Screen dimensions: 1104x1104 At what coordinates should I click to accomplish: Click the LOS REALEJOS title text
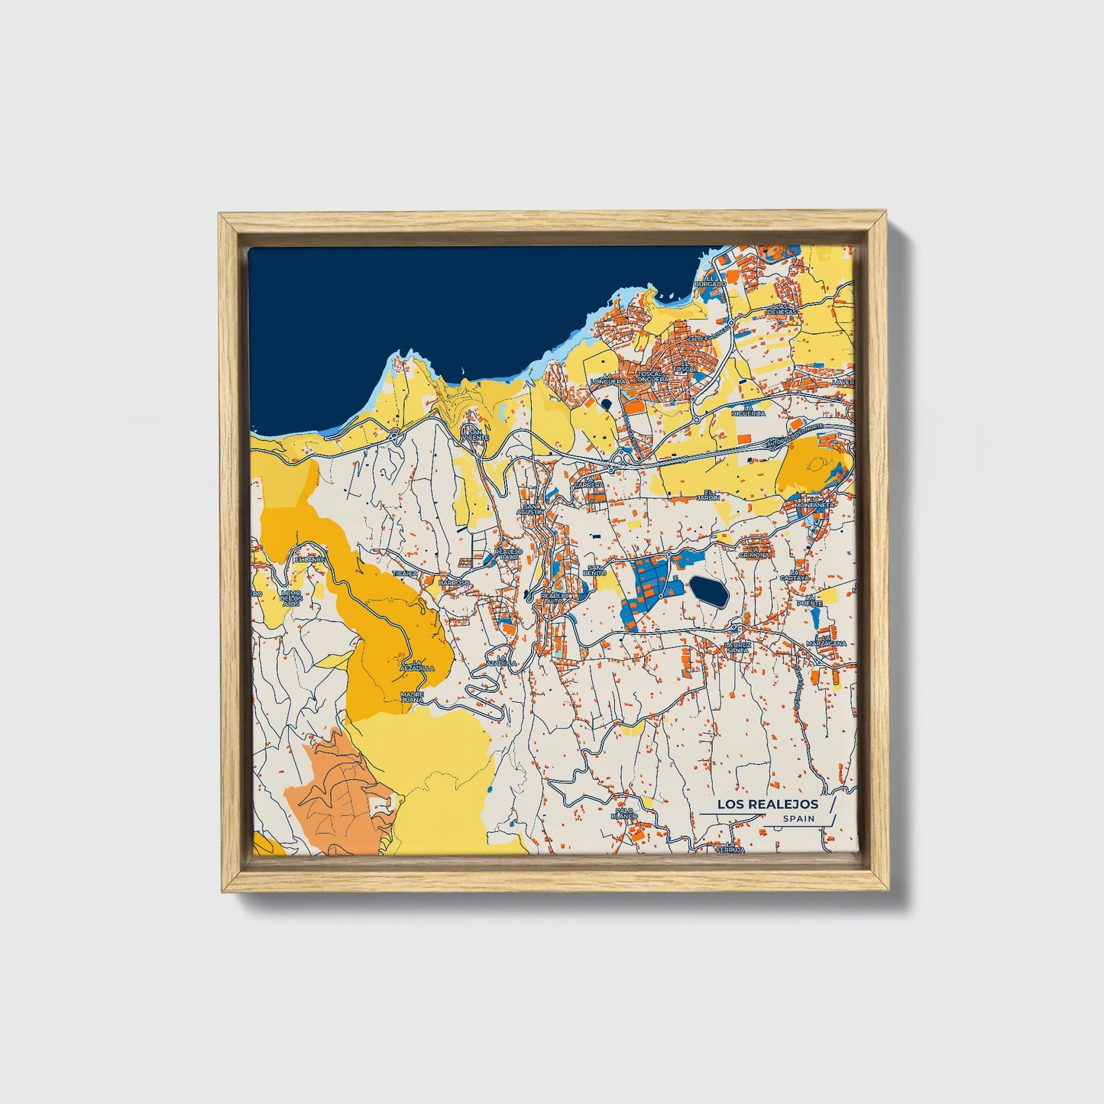[x=767, y=805]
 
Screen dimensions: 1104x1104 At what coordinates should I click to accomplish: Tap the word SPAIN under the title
[x=798, y=819]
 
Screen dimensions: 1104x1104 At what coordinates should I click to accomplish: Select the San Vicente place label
[x=476, y=434]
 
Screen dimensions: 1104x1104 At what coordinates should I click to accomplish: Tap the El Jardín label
[x=712, y=495]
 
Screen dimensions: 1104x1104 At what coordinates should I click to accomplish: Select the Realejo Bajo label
[x=508, y=553]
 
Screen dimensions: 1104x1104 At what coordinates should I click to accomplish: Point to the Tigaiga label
[x=405, y=572]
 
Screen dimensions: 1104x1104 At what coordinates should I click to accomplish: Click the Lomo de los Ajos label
[x=291, y=598]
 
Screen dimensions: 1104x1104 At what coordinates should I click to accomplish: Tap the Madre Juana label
[x=412, y=698]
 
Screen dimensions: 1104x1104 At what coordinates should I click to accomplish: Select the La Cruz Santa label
[x=738, y=647]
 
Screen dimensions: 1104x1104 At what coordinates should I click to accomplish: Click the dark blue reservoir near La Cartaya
[x=709, y=591]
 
